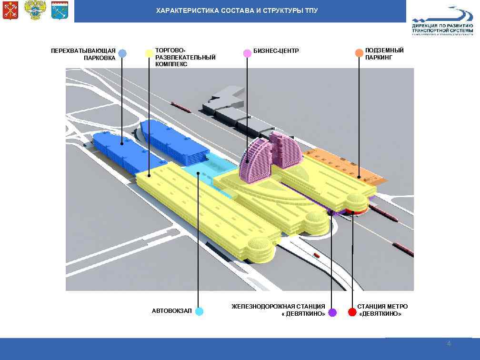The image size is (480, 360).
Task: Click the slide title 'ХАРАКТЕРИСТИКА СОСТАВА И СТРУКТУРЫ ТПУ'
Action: pyautogui.click(x=237, y=10)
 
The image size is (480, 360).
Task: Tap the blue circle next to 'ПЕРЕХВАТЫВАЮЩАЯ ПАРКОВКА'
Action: pyautogui.click(x=122, y=53)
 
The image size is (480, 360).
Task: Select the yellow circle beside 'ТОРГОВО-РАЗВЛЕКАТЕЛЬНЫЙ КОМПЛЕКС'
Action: pyautogui.click(x=149, y=53)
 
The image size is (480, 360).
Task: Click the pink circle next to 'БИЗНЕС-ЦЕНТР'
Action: pyautogui.click(x=247, y=53)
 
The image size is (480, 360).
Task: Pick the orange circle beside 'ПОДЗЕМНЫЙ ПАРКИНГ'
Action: pyautogui.click(x=359, y=53)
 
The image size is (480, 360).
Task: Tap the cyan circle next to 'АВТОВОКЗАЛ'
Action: pyautogui.click(x=199, y=311)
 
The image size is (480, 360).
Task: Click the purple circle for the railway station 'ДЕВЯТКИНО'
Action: pyautogui.click(x=332, y=312)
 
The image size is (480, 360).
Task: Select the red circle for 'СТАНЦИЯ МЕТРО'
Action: pyautogui.click(x=352, y=312)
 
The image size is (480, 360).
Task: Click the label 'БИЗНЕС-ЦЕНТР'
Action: pyautogui.click(x=276, y=50)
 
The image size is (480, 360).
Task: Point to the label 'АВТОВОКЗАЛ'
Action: pyautogui.click(x=172, y=311)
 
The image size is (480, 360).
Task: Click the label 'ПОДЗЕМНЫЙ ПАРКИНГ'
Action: pyautogui.click(x=378, y=53)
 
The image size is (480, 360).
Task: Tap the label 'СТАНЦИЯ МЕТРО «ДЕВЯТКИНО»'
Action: pyautogui.click(x=382, y=310)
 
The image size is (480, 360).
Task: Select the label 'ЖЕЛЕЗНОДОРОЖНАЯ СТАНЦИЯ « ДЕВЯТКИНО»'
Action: pyautogui.click(x=279, y=310)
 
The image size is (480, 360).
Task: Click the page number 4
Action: pyautogui.click(x=449, y=344)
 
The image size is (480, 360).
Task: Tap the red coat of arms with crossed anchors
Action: pyautogui.click(x=10, y=10)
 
